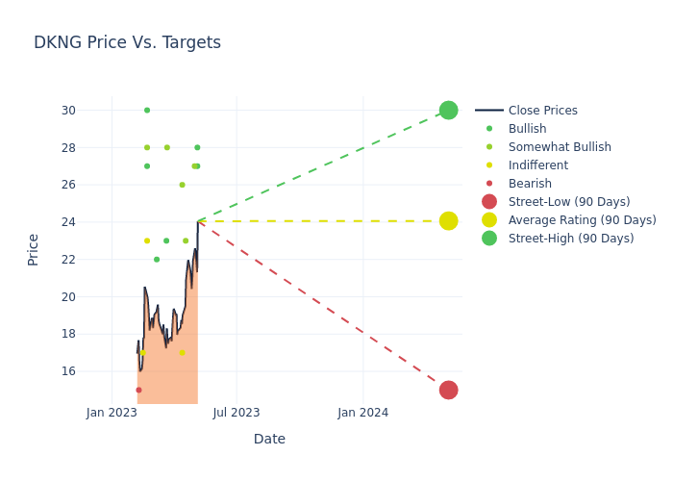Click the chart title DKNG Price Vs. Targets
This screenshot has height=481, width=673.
pos(127,42)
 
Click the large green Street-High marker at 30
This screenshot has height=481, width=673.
pos(448,110)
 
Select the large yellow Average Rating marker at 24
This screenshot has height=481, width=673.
pos(448,221)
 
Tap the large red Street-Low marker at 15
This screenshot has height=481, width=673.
pos(448,390)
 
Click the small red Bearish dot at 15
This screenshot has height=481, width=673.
pos(138,390)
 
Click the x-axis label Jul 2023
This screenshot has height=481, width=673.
pos(237,413)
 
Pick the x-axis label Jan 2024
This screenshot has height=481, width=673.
pos(363,413)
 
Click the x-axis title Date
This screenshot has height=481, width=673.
pos(269,439)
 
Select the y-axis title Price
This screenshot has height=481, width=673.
pos(34,249)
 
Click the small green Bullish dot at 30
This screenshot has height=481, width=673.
pos(147,110)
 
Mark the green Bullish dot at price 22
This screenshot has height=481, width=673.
pos(157,260)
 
